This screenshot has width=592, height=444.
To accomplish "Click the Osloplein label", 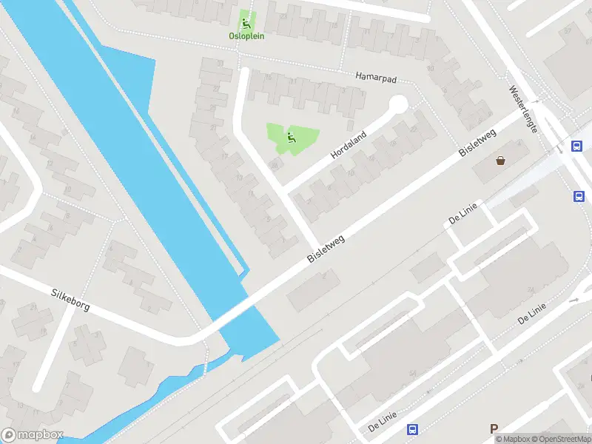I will coord(246,36).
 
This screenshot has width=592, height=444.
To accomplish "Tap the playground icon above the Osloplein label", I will coord(246,23).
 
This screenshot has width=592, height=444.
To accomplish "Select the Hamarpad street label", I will coord(377,76).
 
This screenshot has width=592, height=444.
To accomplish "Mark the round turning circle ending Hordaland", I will coord(398,105).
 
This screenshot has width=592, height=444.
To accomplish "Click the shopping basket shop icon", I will coord(501,159).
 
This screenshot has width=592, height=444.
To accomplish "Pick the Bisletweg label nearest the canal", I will coord(326,247).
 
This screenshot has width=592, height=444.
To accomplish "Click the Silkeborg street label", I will coord(70,299).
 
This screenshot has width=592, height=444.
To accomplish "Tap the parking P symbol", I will coord(494,428).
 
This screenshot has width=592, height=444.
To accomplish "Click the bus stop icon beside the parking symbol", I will coord(412,429).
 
